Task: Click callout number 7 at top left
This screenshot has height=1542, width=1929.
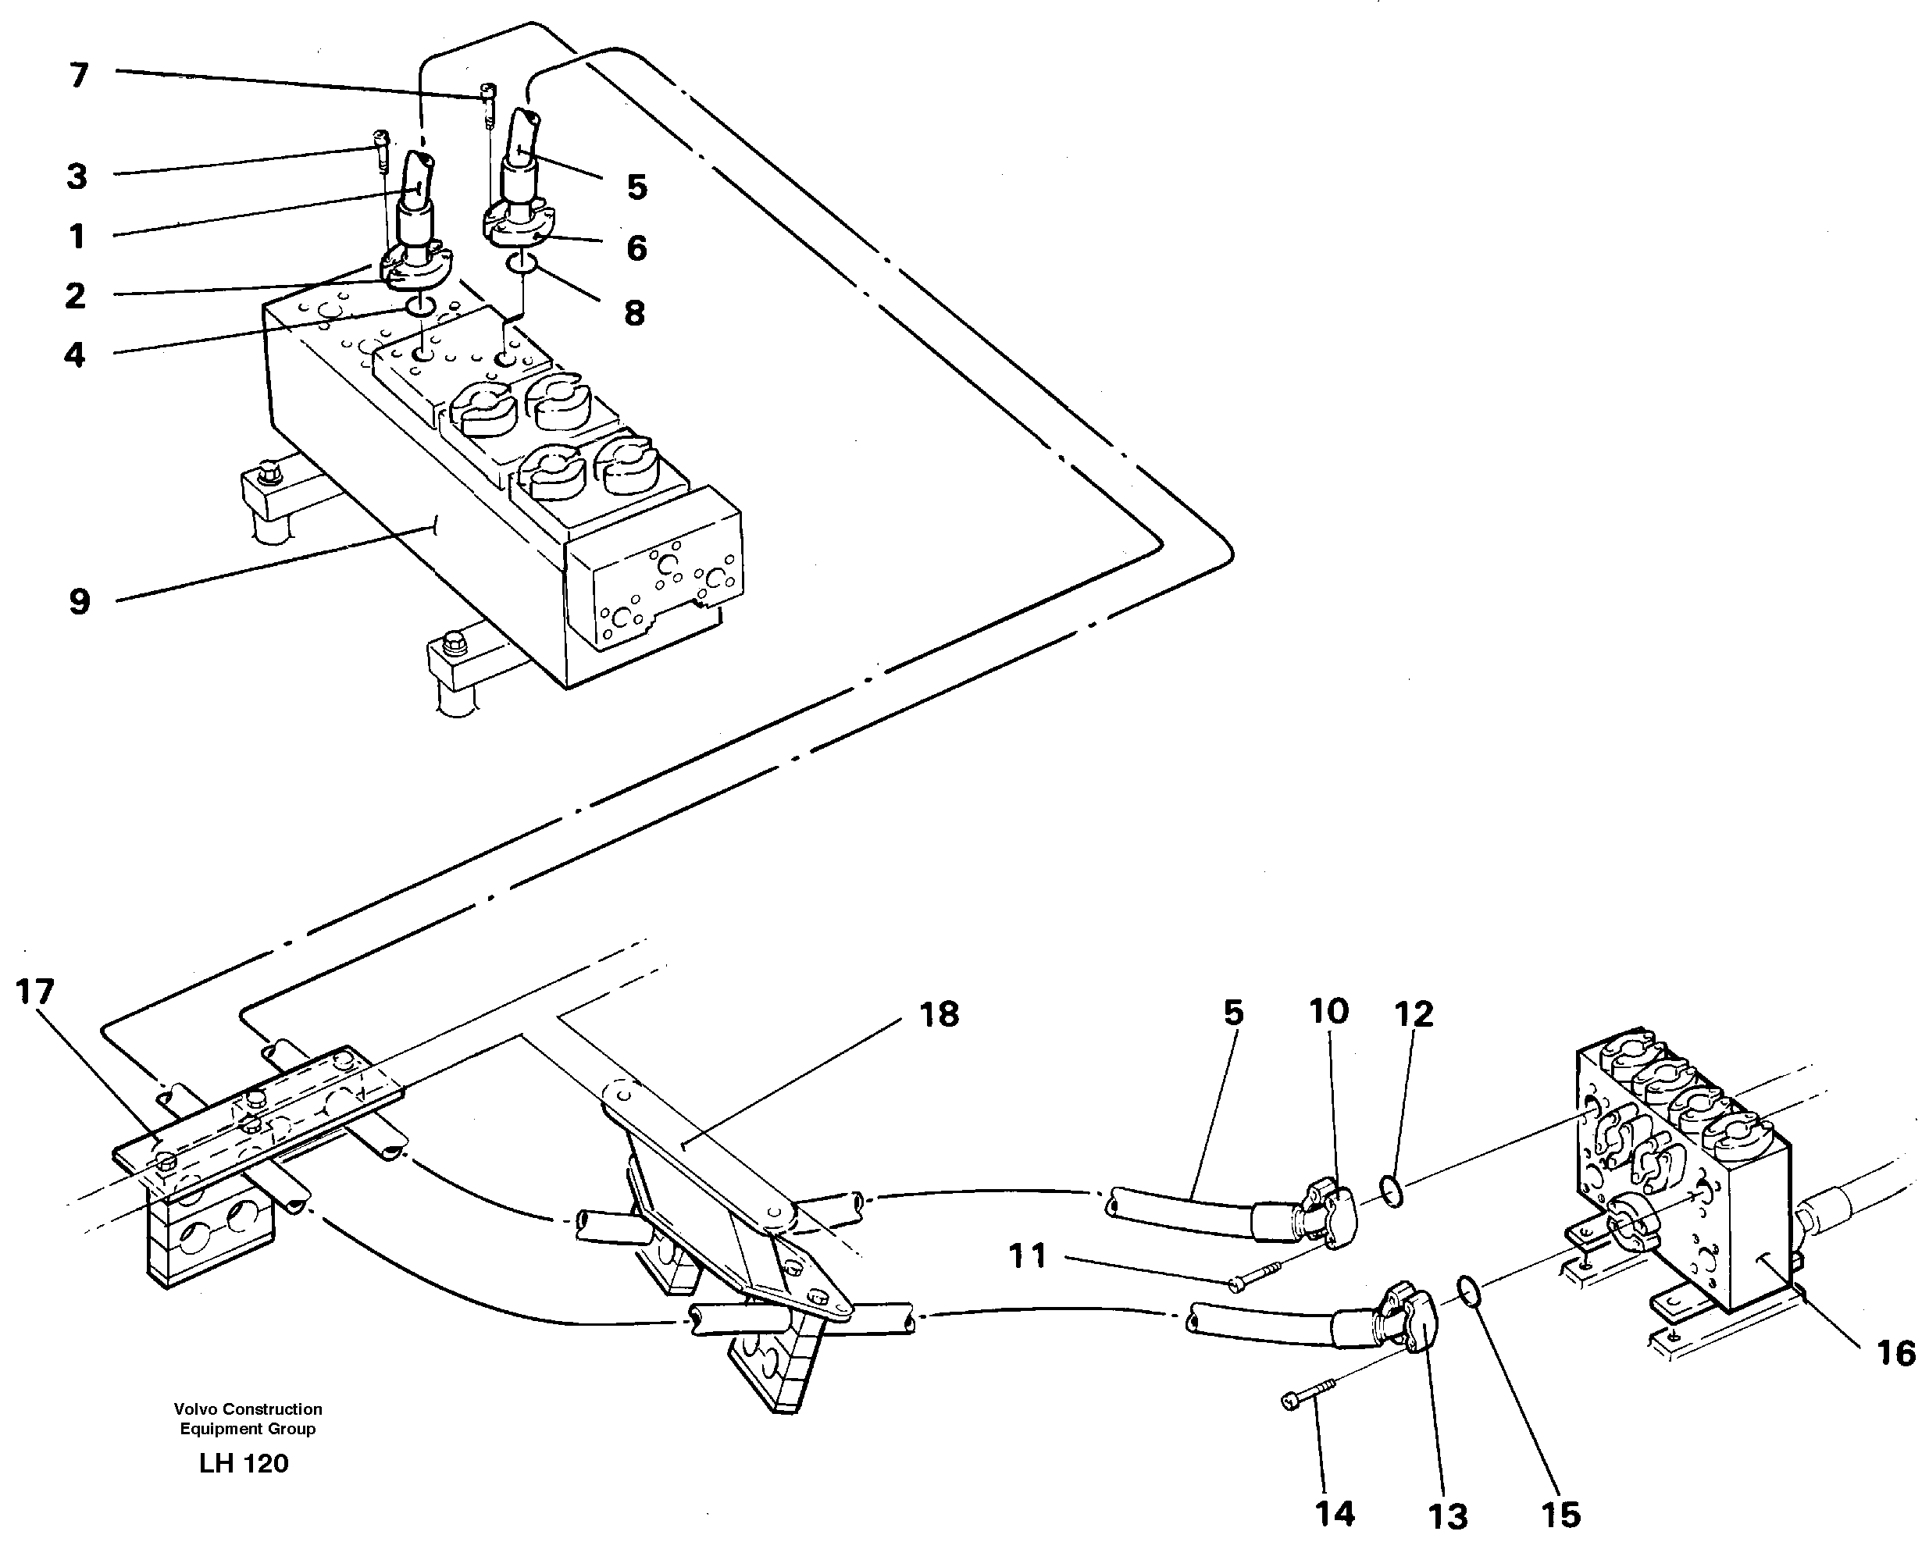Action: [80, 76]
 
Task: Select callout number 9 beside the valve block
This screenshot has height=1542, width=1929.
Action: [80, 602]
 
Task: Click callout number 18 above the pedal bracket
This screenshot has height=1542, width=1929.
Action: [939, 1014]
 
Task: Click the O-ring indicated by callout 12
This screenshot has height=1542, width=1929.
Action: [1390, 1191]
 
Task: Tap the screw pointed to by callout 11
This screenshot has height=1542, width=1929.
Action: [1258, 1278]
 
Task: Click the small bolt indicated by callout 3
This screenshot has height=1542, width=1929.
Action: [381, 151]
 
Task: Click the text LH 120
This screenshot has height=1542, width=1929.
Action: [244, 1464]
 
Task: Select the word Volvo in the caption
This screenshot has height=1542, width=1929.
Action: [193, 1408]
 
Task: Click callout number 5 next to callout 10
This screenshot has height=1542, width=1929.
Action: [1233, 1013]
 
